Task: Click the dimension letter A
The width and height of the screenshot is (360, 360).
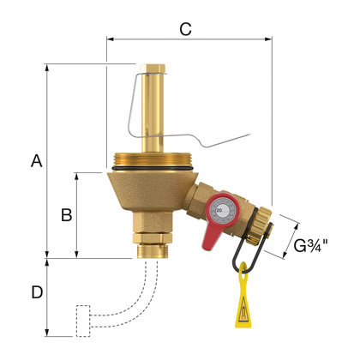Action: [x=35, y=160]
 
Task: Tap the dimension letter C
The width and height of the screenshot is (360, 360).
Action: [x=185, y=27]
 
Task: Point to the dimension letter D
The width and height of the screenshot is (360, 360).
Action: [x=36, y=292]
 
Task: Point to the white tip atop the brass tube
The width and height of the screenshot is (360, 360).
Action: [x=154, y=64]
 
